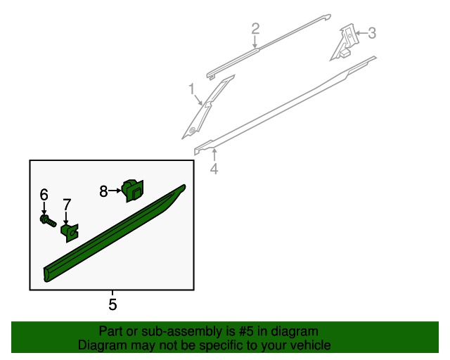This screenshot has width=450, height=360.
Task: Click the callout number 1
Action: (192, 89)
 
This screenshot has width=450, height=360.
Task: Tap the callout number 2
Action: (255, 29)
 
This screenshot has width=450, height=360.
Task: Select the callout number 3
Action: (372, 33)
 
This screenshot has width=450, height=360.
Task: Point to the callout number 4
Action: (214, 169)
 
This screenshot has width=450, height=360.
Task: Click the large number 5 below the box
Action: (112, 304)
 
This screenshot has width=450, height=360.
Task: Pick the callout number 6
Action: (44, 195)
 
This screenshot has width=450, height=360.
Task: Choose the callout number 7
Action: (67, 205)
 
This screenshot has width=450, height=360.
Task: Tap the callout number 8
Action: (103, 191)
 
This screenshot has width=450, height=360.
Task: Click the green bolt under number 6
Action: (48, 221)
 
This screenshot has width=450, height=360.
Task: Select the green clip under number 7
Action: (70, 233)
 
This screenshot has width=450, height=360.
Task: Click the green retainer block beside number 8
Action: (133, 190)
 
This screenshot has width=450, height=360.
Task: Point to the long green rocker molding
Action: (115, 233)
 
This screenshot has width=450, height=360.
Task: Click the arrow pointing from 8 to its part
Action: (115, 191)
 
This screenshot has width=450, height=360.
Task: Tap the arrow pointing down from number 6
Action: (44, 208)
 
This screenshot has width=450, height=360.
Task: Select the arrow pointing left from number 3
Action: (361, 33)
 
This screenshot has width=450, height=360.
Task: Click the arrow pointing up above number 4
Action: (214, 155)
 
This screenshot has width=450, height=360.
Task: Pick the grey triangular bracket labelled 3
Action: (345, 41)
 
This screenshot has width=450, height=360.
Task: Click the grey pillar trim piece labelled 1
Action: (207, 108)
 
